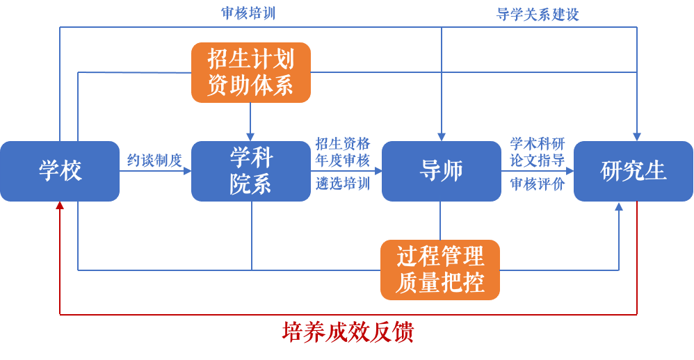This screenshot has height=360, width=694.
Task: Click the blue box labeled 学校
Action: [60, 171]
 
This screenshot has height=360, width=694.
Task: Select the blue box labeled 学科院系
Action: [250, 171]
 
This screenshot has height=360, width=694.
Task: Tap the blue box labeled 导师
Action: [441, 171]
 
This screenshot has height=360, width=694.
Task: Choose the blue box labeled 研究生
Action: [633, 171]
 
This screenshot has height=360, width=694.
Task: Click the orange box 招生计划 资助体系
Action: [250, 72]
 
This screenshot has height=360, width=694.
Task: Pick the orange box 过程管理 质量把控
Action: [440, 270]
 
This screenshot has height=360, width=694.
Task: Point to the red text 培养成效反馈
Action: [348, 332]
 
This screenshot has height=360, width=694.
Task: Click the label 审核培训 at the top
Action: [248, 13]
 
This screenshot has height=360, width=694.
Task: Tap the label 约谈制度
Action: [154, 161]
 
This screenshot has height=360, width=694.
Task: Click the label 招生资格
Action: [343, 145]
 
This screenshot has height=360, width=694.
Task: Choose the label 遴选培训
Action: [343, 184]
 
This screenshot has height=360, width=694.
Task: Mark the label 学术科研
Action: [538, 145]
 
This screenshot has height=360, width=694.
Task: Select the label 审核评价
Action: [538, 184]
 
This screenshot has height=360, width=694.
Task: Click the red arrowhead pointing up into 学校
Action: [60, 206]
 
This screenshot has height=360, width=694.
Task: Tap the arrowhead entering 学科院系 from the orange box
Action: [250, 137]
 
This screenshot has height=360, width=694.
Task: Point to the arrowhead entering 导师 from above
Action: [441, 137]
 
